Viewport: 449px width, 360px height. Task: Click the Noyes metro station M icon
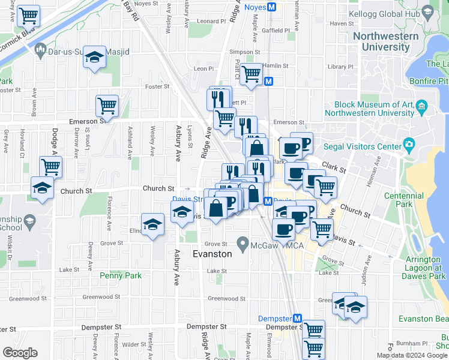[271, 7]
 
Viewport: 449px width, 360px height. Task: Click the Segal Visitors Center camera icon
[410, 143]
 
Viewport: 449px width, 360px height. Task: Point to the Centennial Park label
[417, 200]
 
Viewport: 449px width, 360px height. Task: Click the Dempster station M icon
[296, 318]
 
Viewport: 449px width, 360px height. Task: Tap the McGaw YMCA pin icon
[243, 244]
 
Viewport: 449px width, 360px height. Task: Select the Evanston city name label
[212, 254]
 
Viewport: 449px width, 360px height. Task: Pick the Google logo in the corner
[20, 352]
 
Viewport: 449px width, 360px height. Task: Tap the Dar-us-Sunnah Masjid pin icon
[41, 52]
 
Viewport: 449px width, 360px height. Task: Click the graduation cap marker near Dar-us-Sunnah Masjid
[94, 57]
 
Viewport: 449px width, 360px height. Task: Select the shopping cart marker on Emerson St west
[107, 106]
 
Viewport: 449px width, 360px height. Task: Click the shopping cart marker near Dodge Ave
[51, 166]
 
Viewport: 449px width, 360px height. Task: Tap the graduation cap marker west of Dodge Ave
[42, 188]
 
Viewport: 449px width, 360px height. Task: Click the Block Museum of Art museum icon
[421, 107]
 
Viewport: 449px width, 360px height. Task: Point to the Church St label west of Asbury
[158, 188]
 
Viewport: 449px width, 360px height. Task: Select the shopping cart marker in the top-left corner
[28, 16]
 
